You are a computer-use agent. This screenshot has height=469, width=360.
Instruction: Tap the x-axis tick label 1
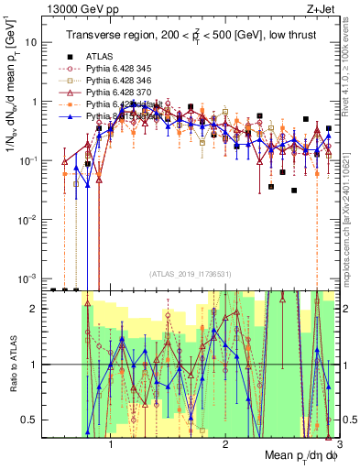pos(111,447)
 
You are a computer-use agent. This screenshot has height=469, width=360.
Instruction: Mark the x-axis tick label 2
pos(225,447)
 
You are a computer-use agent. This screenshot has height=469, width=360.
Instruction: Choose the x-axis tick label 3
pos(338,447)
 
